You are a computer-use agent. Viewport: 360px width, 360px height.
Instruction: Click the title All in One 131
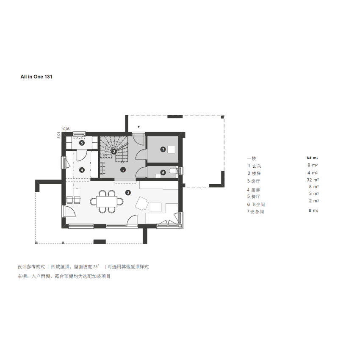tap(36, 77)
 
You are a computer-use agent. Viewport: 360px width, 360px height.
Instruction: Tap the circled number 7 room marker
tap(163, 150)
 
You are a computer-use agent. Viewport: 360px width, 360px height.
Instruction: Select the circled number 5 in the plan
tap(82, 143)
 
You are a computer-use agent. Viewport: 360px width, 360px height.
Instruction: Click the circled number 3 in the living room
tap(128, 193)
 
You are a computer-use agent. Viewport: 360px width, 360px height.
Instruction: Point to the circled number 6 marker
tap(163, 172)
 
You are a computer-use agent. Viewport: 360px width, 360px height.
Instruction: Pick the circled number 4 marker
tap(82, 170)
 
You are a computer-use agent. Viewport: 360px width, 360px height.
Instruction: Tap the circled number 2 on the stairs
tap(114, 152)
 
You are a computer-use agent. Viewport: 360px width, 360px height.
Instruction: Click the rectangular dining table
tap(107, 202)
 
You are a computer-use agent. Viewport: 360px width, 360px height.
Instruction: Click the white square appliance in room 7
tap(171, 150)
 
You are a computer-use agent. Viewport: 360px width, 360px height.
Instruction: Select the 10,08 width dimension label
tap(66, 129)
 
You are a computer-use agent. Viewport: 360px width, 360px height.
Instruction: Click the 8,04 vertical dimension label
tap(58, 135)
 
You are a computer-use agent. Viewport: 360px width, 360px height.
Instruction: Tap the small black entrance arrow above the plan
tap(138, 127)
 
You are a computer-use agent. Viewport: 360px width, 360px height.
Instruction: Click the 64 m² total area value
tap(312, 158)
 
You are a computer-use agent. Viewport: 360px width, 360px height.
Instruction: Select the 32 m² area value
tap(313, 180)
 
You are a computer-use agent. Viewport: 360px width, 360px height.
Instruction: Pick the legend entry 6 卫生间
tap(256, 204)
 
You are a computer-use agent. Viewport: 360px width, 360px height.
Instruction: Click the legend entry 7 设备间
tap(255, 212)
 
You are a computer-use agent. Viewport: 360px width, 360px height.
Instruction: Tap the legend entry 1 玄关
tap(255, 166)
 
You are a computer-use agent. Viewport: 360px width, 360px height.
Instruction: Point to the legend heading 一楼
tap(252, 158)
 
